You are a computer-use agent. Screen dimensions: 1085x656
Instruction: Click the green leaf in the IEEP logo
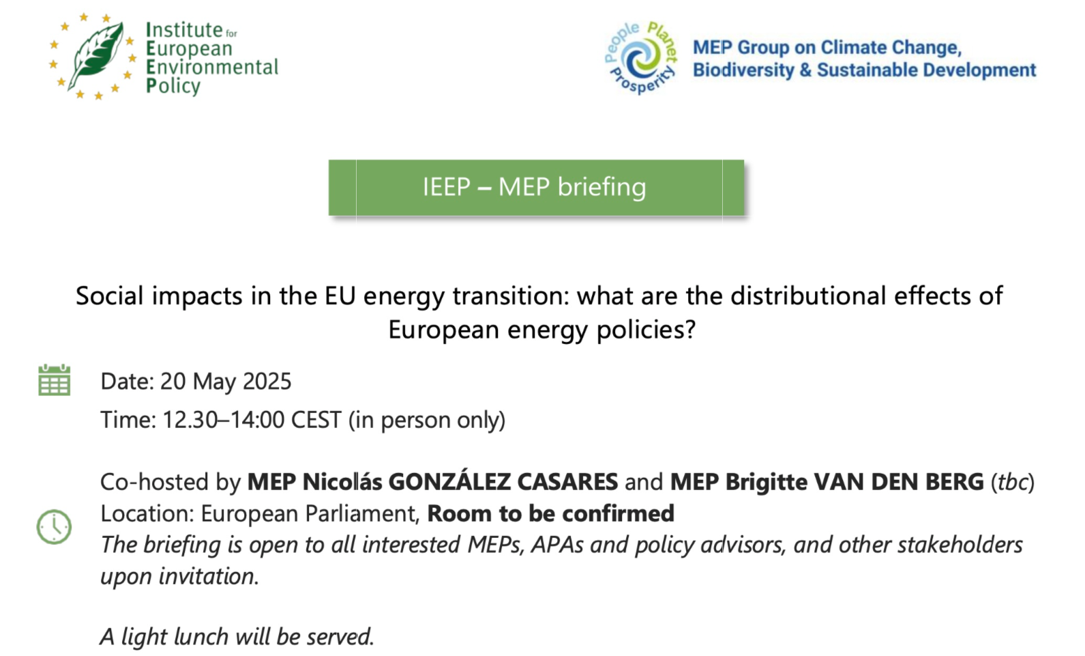[97, 56]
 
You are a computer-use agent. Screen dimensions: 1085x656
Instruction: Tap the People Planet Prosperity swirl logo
[641, 58]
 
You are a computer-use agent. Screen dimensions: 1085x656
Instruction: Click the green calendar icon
[55, 380]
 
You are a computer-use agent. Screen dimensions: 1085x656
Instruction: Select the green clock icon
[55, 526]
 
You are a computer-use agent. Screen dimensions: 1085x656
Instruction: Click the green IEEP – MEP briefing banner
[536, 188]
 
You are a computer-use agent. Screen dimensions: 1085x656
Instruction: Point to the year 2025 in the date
[267, 381]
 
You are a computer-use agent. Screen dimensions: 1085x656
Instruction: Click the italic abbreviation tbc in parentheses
[1012, 483]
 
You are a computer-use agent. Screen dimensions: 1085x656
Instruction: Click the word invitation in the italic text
[209, 577]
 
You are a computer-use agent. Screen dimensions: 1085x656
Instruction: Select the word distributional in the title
[808, 296]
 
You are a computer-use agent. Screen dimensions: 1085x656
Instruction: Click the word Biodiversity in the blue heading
[743, 70]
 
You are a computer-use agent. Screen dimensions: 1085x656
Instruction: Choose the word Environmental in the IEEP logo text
[212, 67]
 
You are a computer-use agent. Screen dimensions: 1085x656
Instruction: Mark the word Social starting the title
[110, 296]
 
